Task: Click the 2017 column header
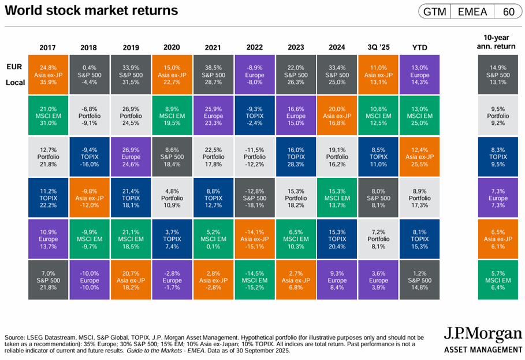(48, 47)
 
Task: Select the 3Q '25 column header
(378, 47)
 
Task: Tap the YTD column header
(419, 47)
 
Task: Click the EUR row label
(15, 67)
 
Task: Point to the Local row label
(16, 83)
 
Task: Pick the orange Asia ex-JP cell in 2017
(48, 75)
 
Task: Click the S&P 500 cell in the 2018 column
(89, 75)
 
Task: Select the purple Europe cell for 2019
(131, 157)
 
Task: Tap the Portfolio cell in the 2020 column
(172, 198)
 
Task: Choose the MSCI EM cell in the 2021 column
(213, 239)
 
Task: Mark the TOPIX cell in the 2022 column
(254, 116)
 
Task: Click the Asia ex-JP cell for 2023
(296, 280)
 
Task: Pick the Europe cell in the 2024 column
(337, 280)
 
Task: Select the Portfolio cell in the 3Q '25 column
(378, 239)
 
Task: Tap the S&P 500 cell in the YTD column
(419, 280)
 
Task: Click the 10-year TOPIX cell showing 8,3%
(498, 157)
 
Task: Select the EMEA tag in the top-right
(472, 12)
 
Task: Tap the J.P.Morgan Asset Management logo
(483, 340)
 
